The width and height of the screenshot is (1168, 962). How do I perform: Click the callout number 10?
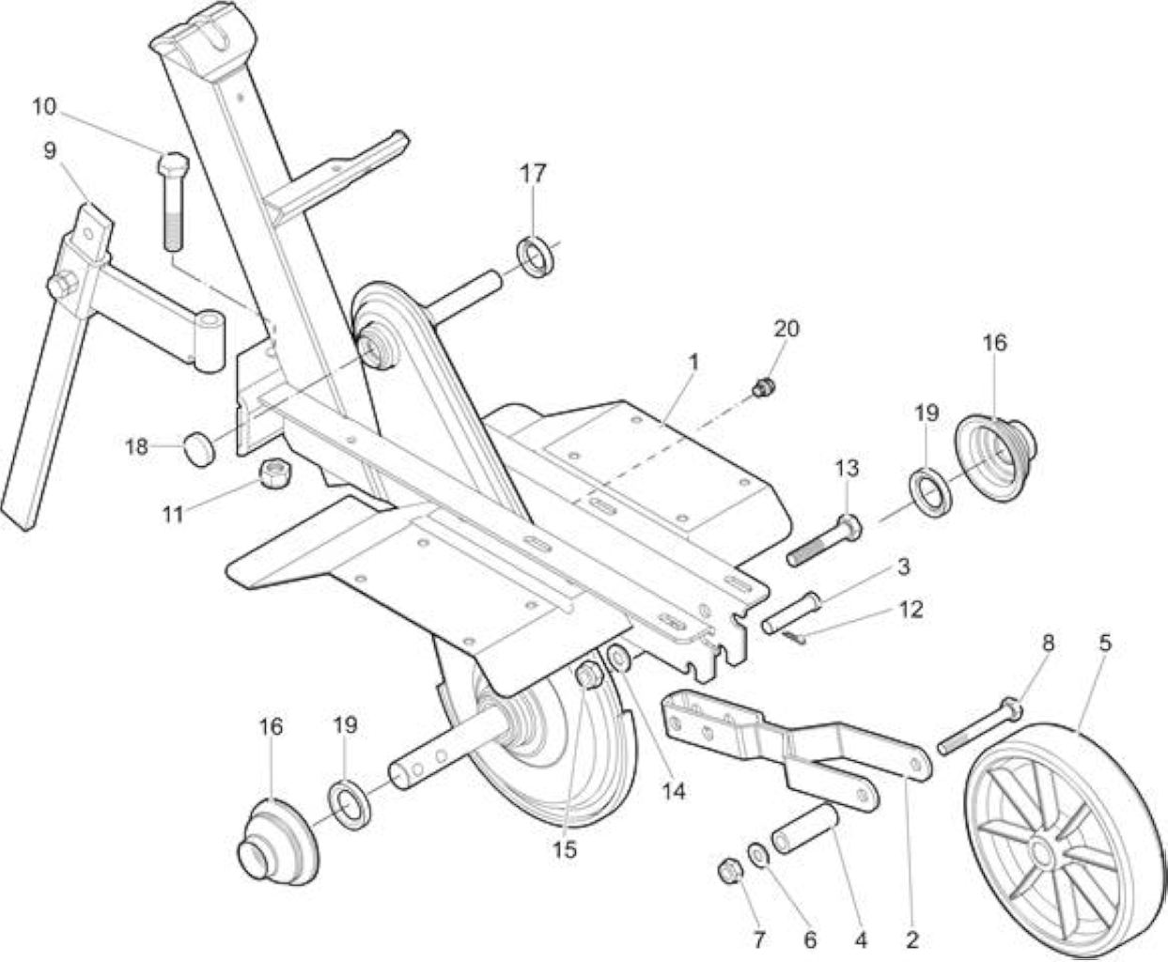tap(45, 106)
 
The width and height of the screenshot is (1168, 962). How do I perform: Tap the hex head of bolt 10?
tap(174, 163)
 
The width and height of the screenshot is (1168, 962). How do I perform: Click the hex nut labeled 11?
tap(273, 474)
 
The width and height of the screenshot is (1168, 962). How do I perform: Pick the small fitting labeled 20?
tap(762, 388)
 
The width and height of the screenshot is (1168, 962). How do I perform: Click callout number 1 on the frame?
tap(693, 363)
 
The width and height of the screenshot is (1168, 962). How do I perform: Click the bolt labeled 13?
tap(824, 541)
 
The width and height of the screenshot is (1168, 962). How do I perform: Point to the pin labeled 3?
tap(791, 613)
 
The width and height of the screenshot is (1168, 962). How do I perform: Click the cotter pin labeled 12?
tap(793, 637)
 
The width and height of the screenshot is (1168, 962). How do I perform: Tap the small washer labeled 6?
tap(759, 856)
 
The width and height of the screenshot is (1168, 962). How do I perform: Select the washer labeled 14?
tap(618, 659)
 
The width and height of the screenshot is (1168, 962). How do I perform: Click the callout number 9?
tap(50, 151)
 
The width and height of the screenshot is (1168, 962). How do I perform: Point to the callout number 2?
tap(911, 940)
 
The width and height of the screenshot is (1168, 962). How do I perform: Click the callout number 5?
tap(1105, 644)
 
